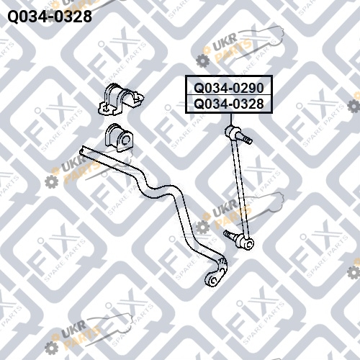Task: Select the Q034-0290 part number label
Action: click(x=229, y=88)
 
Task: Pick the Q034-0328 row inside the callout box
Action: click(x=229, y=104)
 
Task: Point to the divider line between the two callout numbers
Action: click(x=229, y=95)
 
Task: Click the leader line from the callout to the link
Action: click(x=231, y=120)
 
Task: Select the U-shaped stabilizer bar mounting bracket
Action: click(x=121, y=99)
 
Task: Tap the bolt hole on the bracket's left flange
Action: click(x=106, y=109)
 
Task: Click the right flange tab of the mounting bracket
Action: click(x=138, y=99)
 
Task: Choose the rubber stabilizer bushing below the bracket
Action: click(x=119, y=138)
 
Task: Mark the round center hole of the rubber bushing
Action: click(x=125, y=140)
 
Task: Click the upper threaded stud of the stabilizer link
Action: click(x=246, y=140)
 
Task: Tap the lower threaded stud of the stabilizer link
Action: click(x=230, y=235)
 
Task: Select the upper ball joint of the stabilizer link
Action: click(x=233, y=131)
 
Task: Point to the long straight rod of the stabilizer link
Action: click(x=239, y=186)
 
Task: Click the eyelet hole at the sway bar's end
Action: click(x=214, y=280)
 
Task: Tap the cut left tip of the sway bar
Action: click(x=82, y=149)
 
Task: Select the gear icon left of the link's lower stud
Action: click(x=202, y=228)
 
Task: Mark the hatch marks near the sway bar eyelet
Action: click(x=222, y=261)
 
